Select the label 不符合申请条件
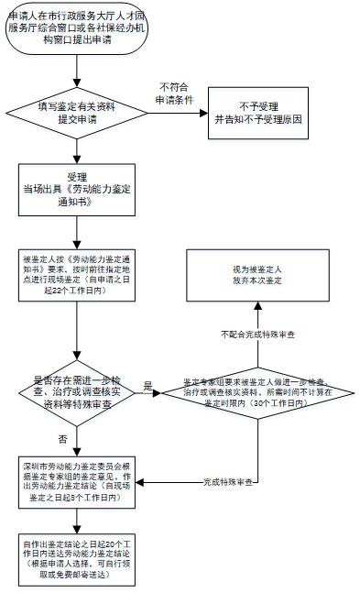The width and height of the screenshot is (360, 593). click(x=176, y=93)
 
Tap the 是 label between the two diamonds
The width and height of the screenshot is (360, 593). click(x=147, y=387)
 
